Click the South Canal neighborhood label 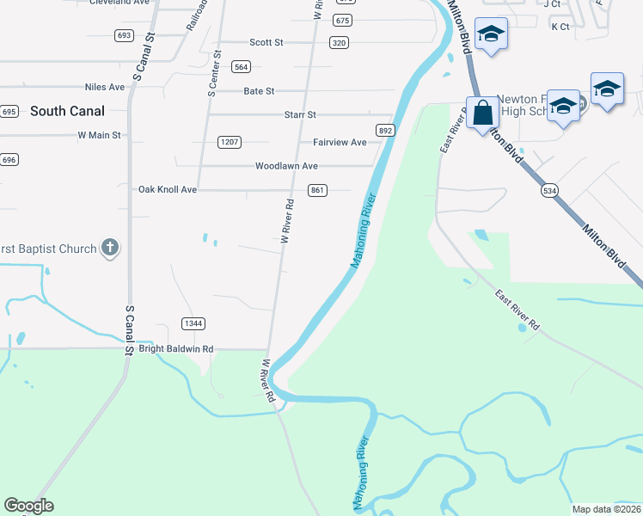point(67,111)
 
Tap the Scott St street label point(266,42)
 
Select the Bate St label point(259,91)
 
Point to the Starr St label point(300,114)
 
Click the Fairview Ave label point(340,142)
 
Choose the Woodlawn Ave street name point(286,166)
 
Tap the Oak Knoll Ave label point(168,189)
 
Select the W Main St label point(99,135)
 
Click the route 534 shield point(548,190)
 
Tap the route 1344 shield point(193,323)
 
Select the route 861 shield point(317,190)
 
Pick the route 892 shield point(384,131)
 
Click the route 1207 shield point(230,142)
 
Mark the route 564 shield point(241,67)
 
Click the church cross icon point(109,249)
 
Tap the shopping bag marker point(483,113)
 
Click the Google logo point(28,506)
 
